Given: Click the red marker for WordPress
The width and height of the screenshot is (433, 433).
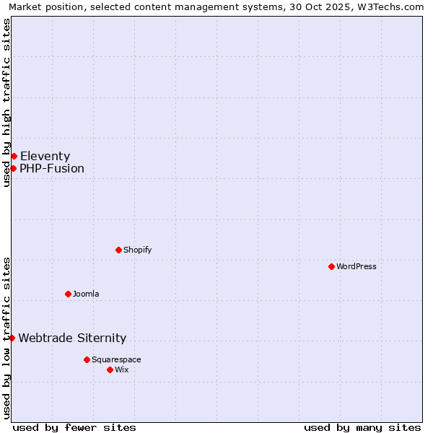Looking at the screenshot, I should [331, 266].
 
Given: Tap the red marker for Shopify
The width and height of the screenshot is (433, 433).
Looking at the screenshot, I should [118, 250].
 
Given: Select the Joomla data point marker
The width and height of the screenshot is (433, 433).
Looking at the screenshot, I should [68, 294].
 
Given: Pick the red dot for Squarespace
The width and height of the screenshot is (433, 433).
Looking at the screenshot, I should [87, 359].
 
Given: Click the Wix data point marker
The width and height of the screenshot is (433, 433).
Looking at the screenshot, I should [110, 369].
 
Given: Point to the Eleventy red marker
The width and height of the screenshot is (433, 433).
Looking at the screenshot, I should [14, 156].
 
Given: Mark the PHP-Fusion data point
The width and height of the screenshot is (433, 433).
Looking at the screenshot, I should [13, 168].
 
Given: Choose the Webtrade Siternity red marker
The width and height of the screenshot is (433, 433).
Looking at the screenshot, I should [12, 338].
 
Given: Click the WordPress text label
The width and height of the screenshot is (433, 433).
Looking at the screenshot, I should [357, 266].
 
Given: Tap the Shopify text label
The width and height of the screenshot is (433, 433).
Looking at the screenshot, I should [138, 250].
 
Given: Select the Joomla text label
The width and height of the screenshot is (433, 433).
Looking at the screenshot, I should [86, 294].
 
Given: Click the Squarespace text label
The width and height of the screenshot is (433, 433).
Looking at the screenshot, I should [116, 359].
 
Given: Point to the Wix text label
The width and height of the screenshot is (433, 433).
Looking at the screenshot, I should [122, 369].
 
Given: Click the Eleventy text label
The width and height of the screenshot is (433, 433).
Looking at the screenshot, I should [45, 156].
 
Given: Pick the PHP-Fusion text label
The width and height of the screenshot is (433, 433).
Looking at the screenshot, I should [52, 169].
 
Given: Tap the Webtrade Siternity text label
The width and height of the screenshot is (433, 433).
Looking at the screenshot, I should [72, 338].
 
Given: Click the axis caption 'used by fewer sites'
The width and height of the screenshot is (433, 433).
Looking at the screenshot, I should [74, 427].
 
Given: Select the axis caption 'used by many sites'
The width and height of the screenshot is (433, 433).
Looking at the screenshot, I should [362, 427].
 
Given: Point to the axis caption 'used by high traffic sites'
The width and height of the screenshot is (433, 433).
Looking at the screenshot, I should [7, 102].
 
